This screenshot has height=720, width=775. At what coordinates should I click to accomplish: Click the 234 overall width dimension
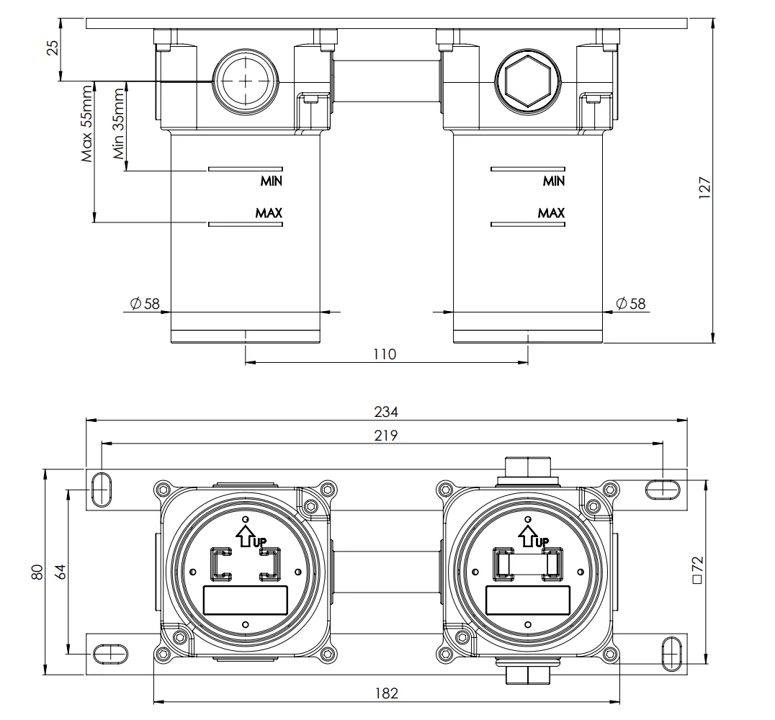(x=386, y=412)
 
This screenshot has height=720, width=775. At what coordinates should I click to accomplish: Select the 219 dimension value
(x=386, y=436)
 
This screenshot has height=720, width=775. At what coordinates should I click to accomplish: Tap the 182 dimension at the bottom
(x=386, y=693)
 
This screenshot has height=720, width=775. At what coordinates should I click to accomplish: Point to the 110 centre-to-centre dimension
(x=385, y=354)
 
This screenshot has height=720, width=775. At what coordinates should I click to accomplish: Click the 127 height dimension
(x=704, y=188)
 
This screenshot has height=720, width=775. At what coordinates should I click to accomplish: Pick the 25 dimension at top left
(x=53, y=47)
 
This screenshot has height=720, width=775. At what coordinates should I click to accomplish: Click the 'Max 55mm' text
(x=87, y=124)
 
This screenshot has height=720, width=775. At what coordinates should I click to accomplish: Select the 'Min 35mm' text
(x=119, y=124)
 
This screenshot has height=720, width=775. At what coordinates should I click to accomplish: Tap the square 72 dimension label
(x=697, y=570)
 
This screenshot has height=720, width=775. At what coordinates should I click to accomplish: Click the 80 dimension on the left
(x=37, y=572)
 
